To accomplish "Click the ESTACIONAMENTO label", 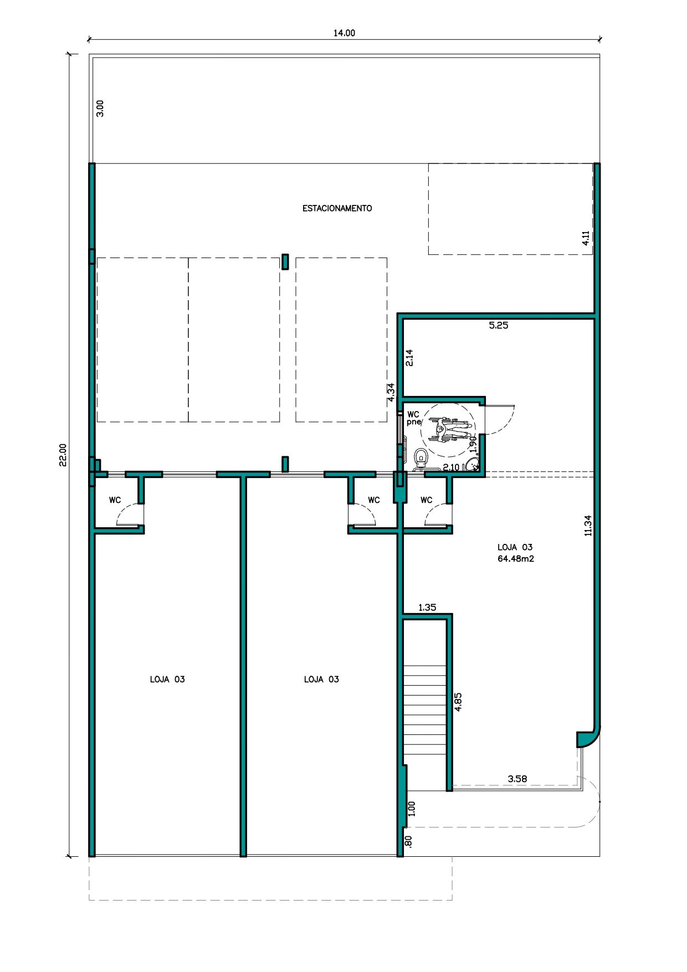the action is (x=337, y=208).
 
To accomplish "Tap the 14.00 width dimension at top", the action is (x=344, y=33).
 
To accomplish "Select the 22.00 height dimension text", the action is (x=63, y=455).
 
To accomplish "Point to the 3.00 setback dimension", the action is (x=100, y=108).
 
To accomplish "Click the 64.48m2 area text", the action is (x=516, y=559).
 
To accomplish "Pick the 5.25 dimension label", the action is (x=499, y=326).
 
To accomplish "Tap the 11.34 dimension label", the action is (x=588, y=526).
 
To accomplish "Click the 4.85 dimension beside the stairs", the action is (x=458, y=702).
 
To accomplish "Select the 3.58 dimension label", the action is (x=517, y=779).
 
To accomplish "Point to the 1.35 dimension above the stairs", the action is (x=427, y=608).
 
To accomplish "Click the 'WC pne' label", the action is (x=414, y=418).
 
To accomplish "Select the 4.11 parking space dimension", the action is (x=586, y=238).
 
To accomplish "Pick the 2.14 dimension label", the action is (x=409, y=358).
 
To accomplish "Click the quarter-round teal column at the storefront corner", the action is (x=586, y=737).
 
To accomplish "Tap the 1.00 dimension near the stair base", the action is (x=411, y=809).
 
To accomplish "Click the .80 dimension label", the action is (x=409, y=841).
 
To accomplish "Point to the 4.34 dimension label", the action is (x=391, y=392).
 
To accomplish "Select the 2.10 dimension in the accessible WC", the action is (x=451, y=467).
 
